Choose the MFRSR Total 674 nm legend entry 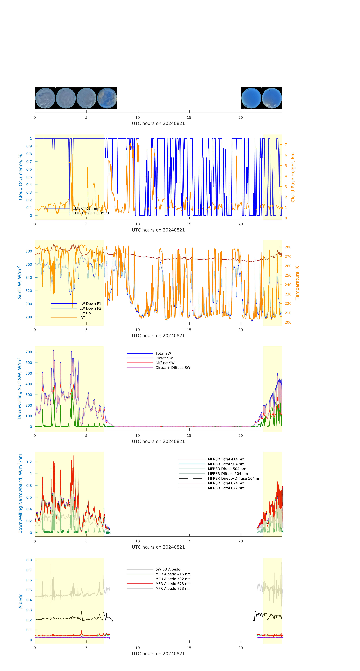(226, 483)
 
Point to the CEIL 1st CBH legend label (91, 213)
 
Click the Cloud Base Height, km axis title (293, 177)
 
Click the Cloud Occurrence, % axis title (20, 177)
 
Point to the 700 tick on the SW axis (29, 352)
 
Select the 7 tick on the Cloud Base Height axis (286, 145)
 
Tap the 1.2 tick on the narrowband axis (29, 462)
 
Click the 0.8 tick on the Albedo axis (29, 560)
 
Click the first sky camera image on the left (45, 98)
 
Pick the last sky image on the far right (272, 98)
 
